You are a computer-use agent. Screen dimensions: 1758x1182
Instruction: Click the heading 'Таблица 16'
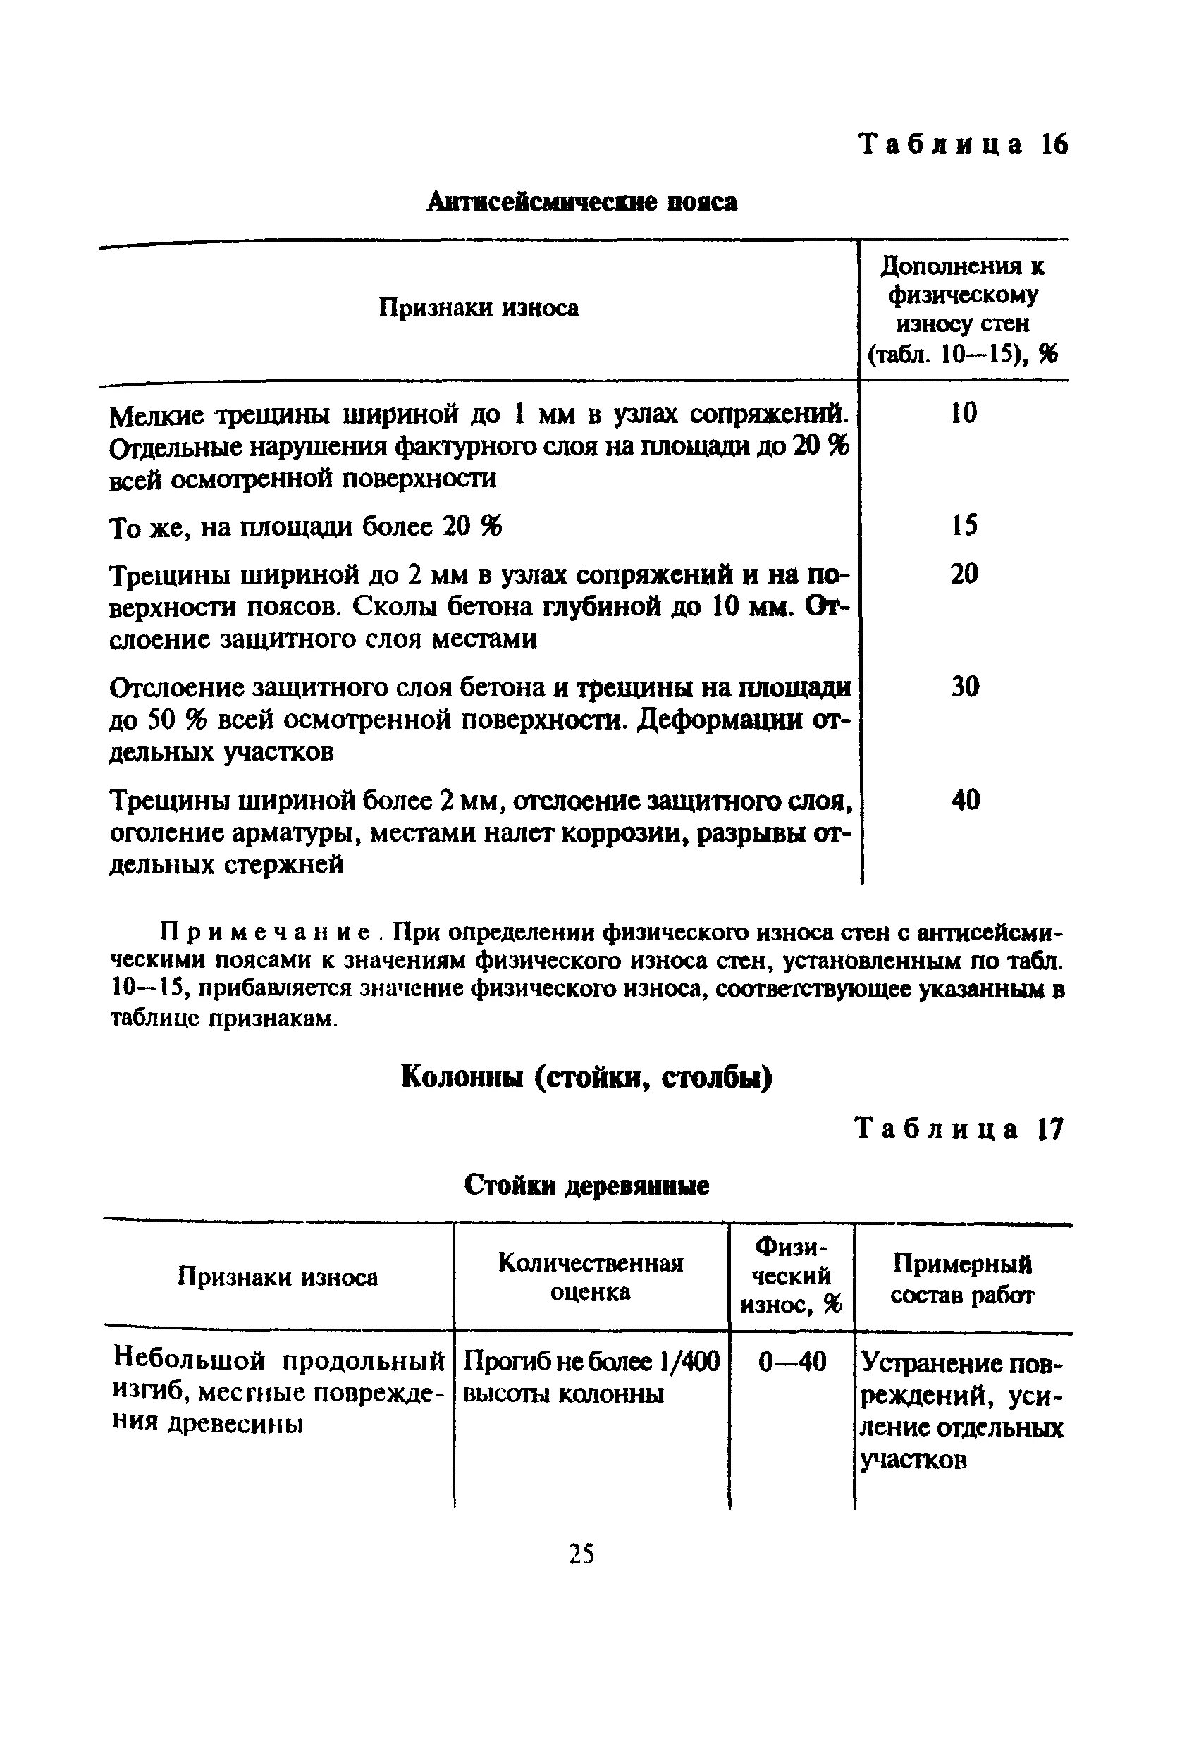964,144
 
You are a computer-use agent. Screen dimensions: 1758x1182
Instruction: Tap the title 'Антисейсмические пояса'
581,202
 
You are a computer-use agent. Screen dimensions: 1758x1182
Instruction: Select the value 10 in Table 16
964,412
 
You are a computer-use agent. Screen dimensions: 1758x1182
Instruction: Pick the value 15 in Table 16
964,524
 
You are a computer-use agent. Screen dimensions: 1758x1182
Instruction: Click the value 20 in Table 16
964,574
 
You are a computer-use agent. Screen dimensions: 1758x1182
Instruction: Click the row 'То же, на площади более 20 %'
305,527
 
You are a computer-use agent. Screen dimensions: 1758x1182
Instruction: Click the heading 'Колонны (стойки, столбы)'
586,1077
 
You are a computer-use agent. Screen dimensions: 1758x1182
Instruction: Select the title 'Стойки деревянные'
586,1186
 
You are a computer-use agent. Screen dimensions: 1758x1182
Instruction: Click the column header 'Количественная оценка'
590,1277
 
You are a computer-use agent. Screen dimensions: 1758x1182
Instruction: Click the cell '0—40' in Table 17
792,1361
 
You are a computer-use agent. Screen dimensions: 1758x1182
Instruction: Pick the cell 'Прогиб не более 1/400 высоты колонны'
590,1377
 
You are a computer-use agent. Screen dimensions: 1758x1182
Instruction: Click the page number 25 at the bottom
581,1554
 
